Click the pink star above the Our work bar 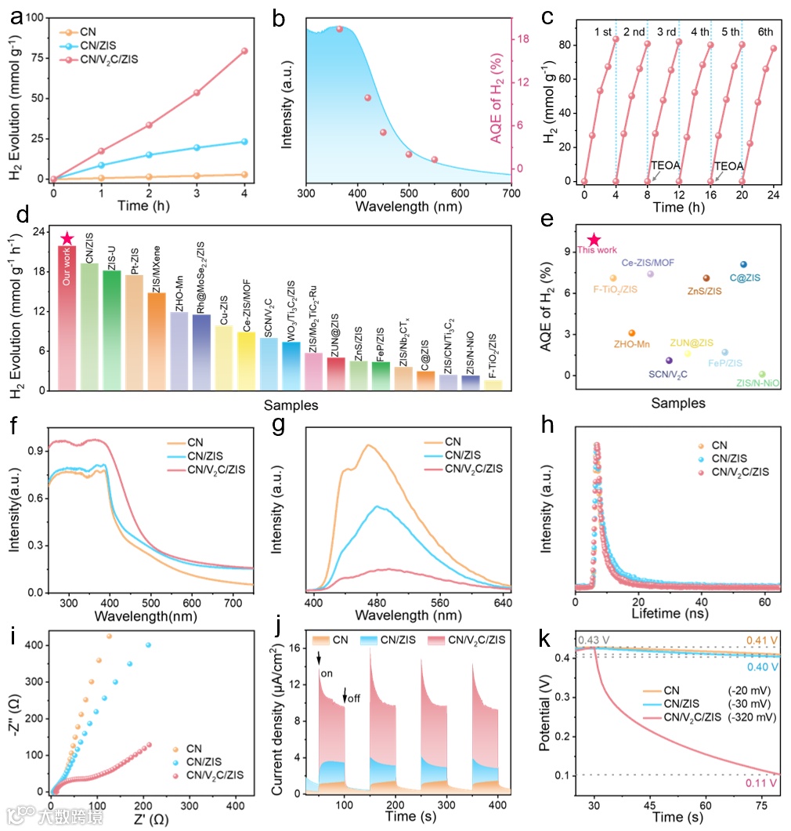(68, 238)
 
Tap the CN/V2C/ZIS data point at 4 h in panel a (244, 51)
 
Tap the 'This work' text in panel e (597, 251)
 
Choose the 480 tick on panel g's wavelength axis (377, 602)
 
